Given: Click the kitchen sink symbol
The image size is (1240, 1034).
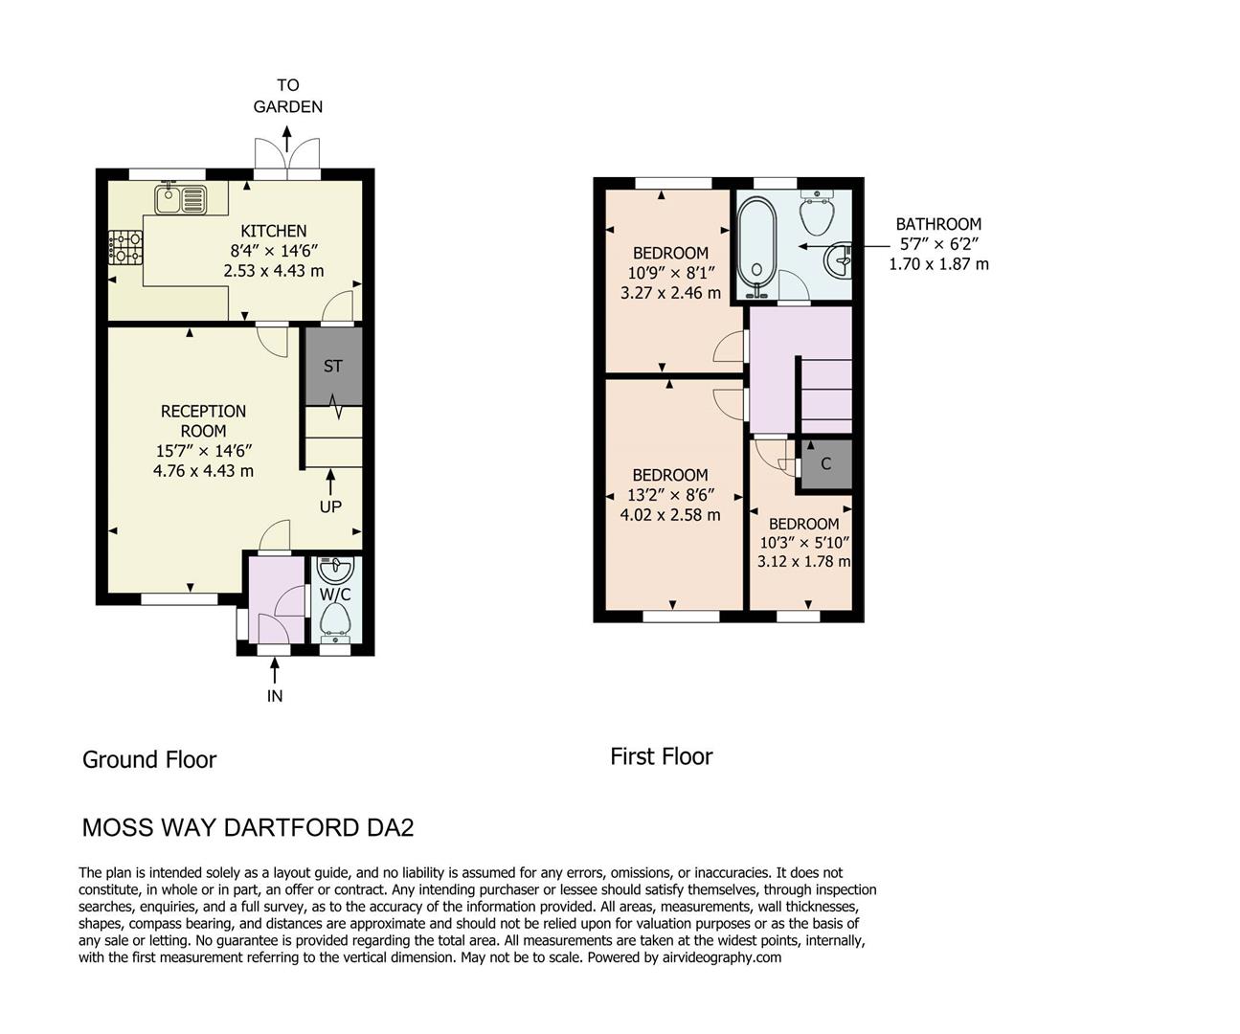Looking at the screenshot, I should coord(179,199).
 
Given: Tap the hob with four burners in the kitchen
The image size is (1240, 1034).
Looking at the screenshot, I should coord(124,247).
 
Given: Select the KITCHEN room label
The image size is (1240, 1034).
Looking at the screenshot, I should coord(273,231).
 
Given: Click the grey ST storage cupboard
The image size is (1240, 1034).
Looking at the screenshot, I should coord(332,366).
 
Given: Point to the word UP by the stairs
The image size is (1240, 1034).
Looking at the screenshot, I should coord(330,506).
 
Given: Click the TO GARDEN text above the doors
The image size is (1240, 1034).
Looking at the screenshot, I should coord(287,96).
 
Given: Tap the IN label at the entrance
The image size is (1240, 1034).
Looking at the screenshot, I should coord(275,696).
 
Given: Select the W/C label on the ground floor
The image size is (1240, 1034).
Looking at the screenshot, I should coord(335,595).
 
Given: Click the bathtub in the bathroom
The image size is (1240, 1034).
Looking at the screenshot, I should coord(755,241).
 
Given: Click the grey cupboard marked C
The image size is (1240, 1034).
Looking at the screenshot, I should coord(825,464).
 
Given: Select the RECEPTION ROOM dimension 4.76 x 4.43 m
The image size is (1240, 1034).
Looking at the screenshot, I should coord(203,471).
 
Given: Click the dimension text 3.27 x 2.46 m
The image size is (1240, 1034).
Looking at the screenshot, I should coord(670,293).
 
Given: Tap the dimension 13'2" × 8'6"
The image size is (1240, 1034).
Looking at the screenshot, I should coord(670,495).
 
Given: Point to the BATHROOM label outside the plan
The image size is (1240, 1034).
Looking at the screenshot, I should coord(938,224).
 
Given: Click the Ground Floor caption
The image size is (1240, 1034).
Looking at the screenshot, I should coord(149,759).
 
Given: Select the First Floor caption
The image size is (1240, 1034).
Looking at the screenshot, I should coord(661,756).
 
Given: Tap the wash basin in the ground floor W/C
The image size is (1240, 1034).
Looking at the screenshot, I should coord(335,572).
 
